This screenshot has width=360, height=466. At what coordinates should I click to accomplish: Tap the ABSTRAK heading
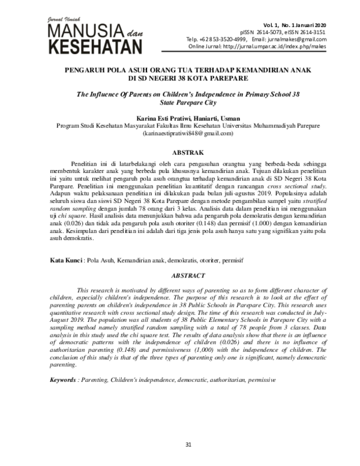(x=179, y=153)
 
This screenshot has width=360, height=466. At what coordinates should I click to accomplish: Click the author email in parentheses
(x=179, y=135)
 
